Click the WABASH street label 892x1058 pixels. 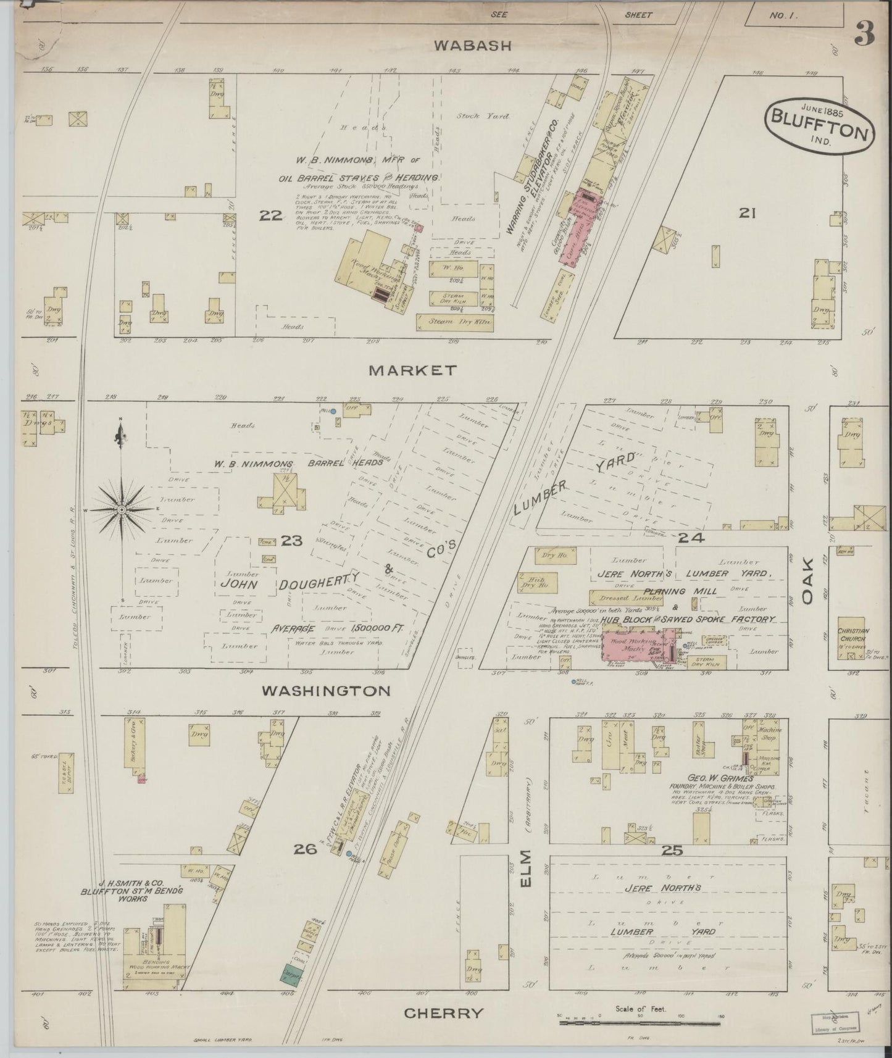472,45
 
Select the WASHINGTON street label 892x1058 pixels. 326,691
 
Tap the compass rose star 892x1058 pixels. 122,509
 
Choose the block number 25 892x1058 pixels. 672,851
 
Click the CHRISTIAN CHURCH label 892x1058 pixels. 854,635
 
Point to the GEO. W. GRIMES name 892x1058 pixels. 710,779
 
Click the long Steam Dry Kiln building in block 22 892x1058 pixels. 455,322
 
